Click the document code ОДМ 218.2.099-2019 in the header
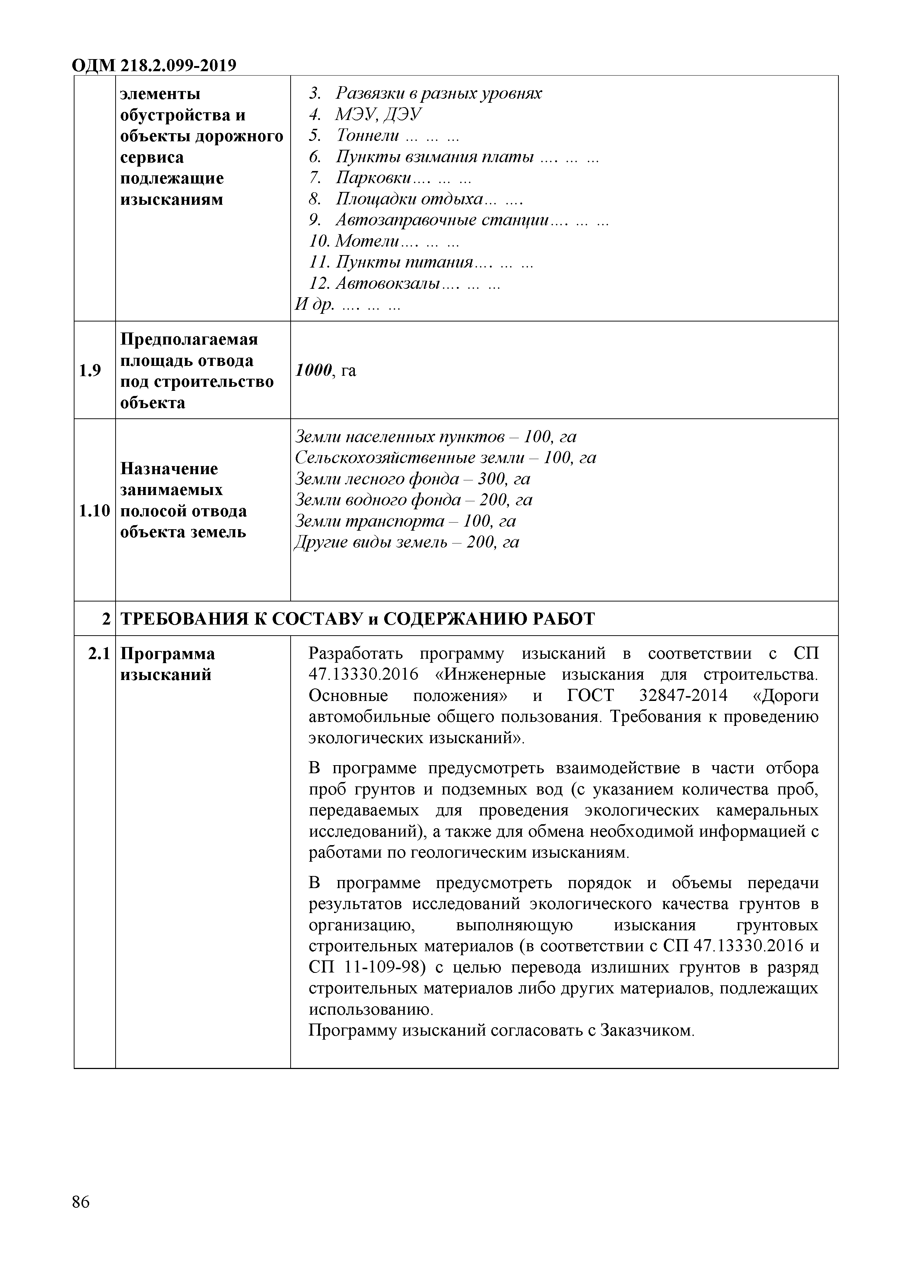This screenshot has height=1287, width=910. (x=154, y=66)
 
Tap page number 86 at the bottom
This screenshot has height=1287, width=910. (x=81, y=1218)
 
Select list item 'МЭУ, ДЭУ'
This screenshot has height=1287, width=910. (x=378, y=114)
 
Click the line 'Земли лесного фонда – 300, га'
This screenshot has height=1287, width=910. (x=412, y=479)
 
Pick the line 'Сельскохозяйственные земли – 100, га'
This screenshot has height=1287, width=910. (x=445, y=457)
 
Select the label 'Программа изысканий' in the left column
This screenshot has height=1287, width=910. (x=167, y=664)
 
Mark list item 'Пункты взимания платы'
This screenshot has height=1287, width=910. (x=434, y=157)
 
